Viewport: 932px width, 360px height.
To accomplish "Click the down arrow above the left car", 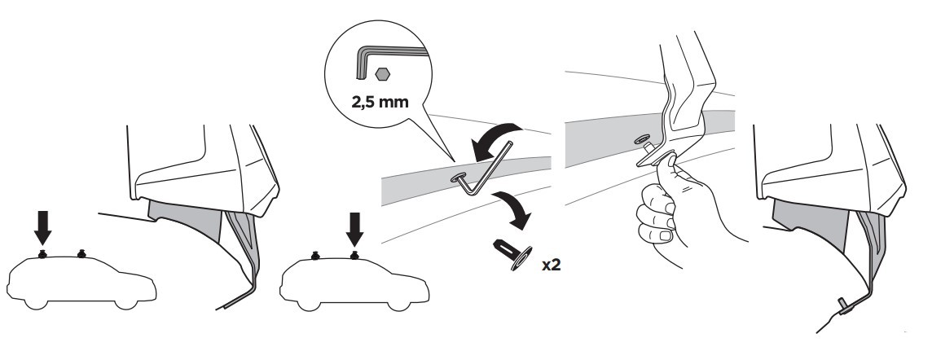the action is [x=43, y=229].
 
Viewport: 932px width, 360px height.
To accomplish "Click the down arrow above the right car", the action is [x=355, y=230].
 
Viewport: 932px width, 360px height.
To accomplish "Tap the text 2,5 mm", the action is [x=380, y=102].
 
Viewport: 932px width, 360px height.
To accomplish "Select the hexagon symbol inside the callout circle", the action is [x=382, y=74].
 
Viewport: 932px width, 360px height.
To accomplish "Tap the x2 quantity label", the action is [x=551, y=265].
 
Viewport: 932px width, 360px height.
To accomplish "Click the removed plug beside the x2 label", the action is [x=512, y=254].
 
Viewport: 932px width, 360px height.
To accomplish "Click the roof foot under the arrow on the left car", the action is [x=42, y=254].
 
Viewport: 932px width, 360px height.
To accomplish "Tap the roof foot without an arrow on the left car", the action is [x=81, y=254].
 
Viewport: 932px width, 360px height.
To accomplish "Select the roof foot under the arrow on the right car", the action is [x=354, y=255].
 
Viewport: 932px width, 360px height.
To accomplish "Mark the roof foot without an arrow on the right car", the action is [x=315, y=256].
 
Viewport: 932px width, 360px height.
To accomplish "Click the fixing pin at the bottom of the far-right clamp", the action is [x=845, y=305].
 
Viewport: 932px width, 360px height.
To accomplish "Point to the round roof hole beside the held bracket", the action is [x=640, y=139].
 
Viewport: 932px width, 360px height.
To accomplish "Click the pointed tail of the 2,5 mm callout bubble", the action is [x=453, y=160].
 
